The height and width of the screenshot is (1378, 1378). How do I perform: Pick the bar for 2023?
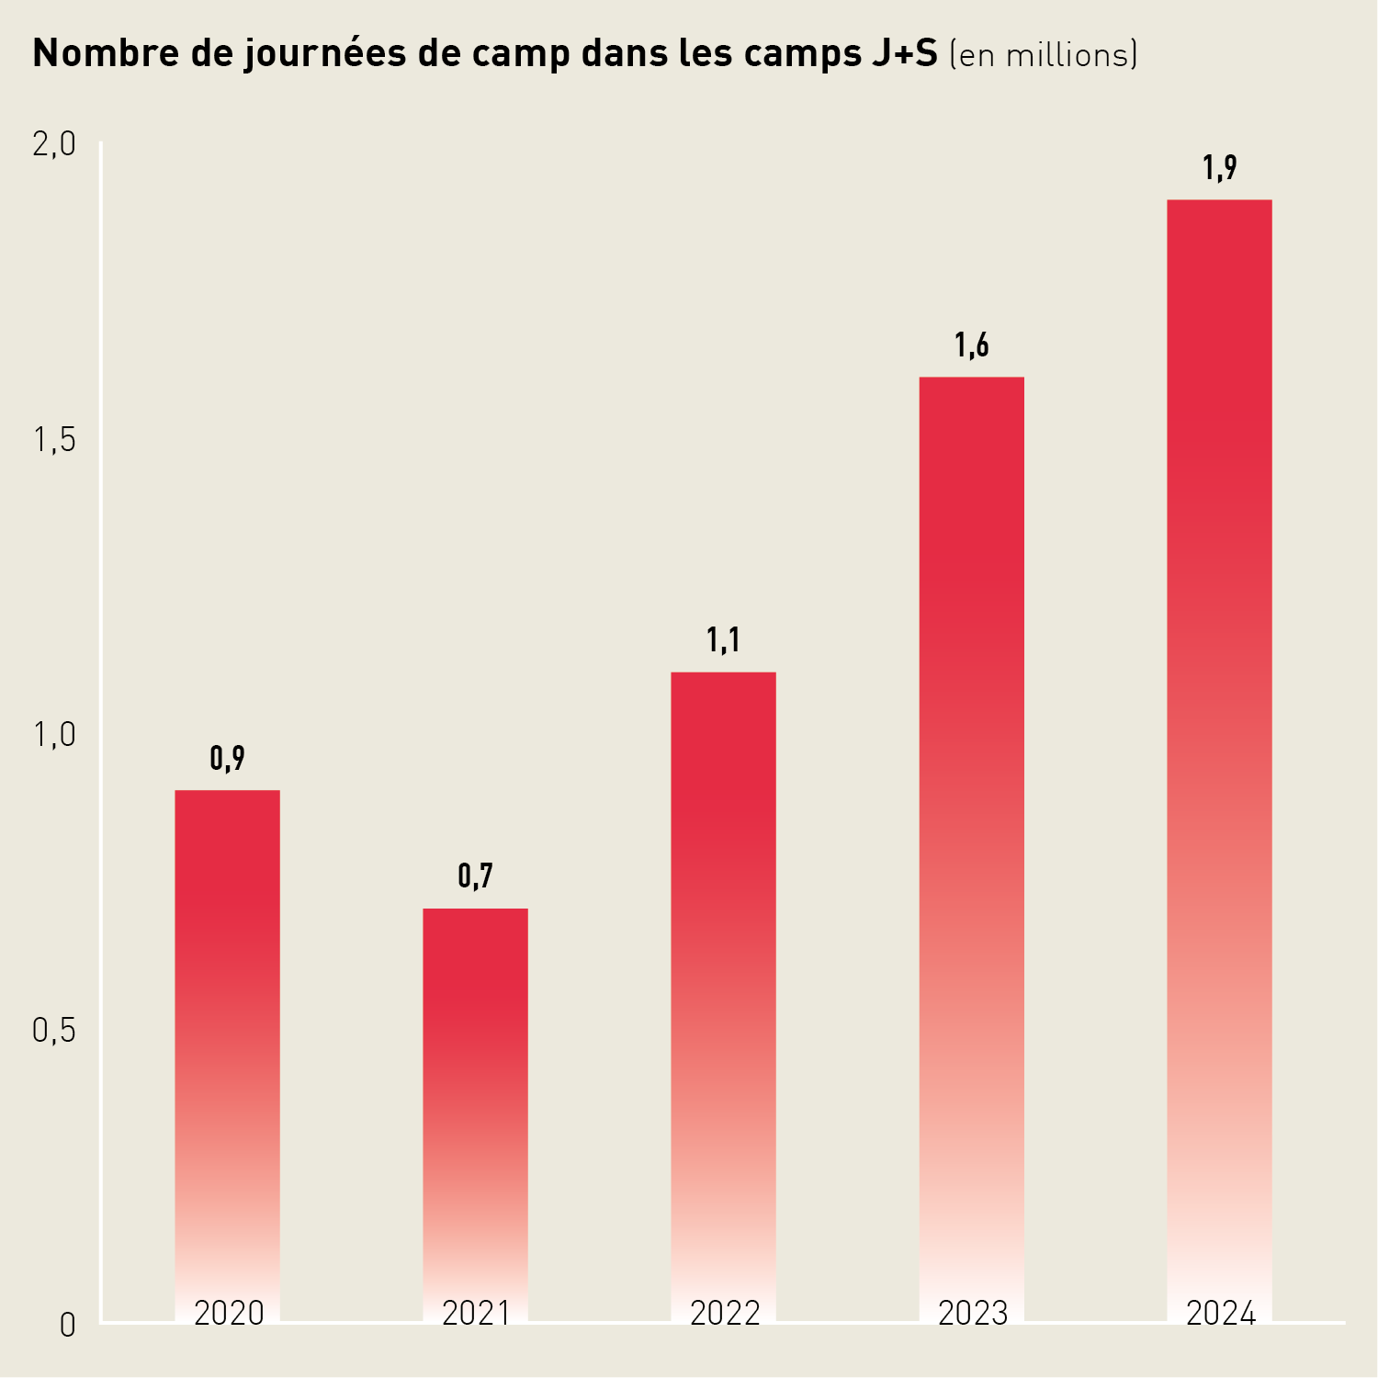pos(971,827)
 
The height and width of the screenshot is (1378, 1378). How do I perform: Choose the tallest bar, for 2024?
pos(1219,735)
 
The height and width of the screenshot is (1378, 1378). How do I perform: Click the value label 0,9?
pos(227,759)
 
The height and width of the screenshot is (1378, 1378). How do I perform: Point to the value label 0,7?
pos(475,876)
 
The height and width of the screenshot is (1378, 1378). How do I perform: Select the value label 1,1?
pos(723,640)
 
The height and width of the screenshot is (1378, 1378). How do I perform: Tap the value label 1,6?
pos(971,345)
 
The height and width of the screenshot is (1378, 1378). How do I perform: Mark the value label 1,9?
pos(1219,168)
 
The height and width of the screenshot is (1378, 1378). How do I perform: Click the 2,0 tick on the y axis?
pos(54,144)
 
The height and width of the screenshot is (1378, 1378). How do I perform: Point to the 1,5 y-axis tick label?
pos(54,441)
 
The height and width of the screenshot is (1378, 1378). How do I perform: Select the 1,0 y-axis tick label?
pos(54,735)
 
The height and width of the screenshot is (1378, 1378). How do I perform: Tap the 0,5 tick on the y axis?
pos(54,1031)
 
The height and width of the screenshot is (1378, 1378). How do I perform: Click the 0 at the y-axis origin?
pos(67,1326)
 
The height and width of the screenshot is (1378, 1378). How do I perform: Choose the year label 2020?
pos(229,1314)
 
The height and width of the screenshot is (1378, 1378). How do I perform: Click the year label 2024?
pos(1220,1314)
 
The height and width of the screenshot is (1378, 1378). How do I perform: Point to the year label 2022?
pos(725,1314)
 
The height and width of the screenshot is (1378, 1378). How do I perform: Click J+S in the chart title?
pos(902,54)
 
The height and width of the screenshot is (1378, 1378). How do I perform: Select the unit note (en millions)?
pos(1044,55)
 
